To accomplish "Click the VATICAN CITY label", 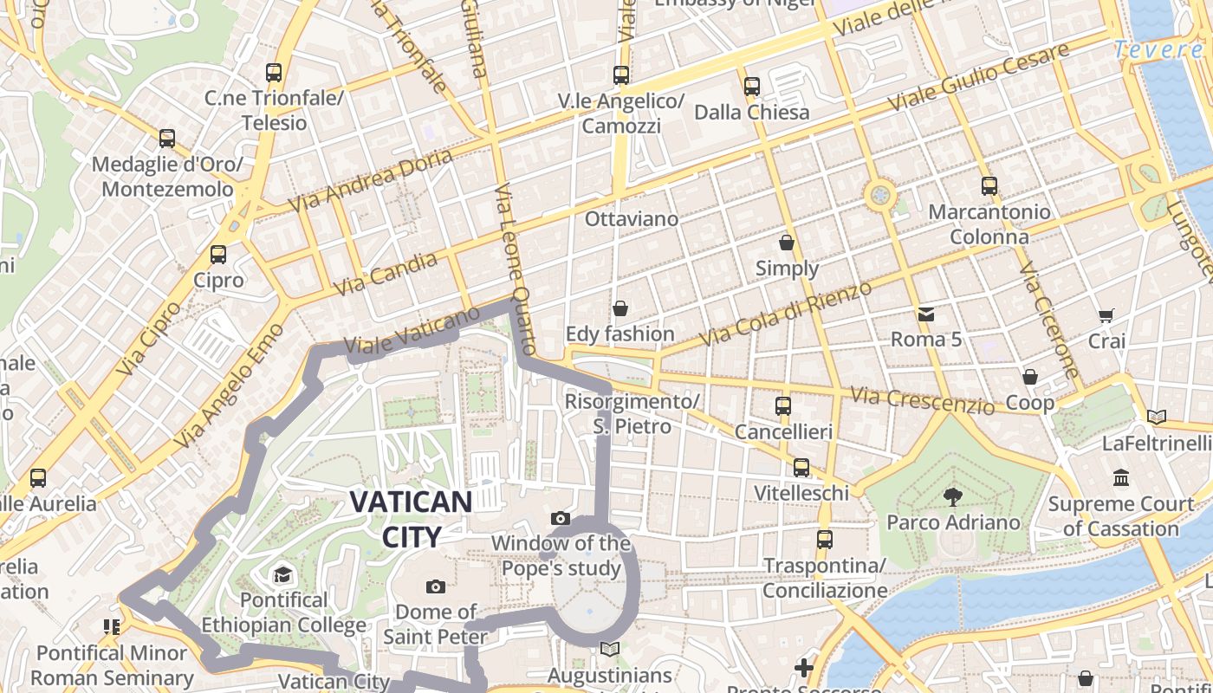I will (x=411, y=518).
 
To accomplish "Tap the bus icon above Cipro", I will (x=218, y=255).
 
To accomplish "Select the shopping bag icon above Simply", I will (x=787, y=243).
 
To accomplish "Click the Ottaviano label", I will (x=632, y=218).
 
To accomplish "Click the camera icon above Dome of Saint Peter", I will (x=436, y=586).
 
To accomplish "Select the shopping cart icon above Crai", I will (x=1106, y=315).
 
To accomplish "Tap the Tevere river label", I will (x=1158, y=50).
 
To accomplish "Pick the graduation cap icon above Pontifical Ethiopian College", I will (x=282, y=574).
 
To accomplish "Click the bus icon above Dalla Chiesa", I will (x=751, y=87).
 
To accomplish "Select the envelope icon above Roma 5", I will (x=926, y=314).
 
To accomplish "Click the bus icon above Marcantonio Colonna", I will (x=989, y=186).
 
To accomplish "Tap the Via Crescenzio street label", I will (x=922, y=400).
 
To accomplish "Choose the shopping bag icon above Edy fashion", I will (x=619, y=308).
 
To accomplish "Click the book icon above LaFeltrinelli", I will (x=1157, y=418).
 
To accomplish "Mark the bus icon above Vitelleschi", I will (x=801, y=468).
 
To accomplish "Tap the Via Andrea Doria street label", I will (x=371, y=180).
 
